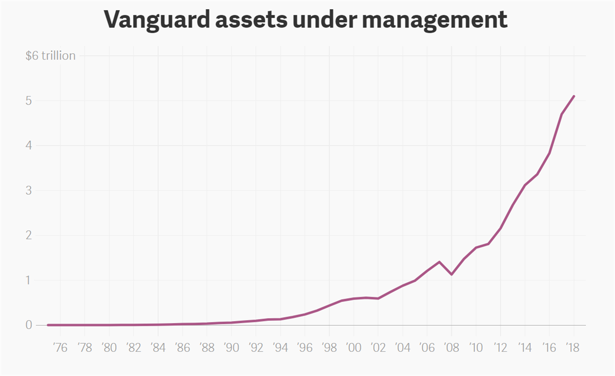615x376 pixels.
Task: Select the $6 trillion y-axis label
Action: coord(50,55)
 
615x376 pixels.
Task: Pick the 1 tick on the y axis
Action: coord(29,280)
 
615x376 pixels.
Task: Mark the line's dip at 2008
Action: coord(452,274)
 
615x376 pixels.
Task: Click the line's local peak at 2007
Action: coord(439,262)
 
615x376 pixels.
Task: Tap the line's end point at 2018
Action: coord(574,96)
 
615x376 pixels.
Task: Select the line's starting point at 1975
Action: coord(48,325)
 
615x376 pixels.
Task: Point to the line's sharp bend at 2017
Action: coord(562,114)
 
